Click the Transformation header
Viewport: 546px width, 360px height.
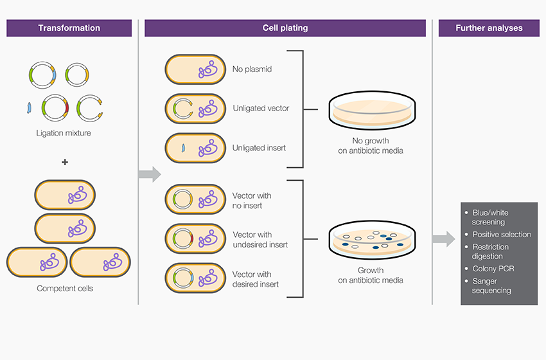point(69,28)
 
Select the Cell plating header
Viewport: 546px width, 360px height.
point(285,28)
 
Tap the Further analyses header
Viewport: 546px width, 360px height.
point(488,28)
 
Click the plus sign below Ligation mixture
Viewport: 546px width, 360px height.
point(65,162)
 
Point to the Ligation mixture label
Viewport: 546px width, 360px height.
point(65,133)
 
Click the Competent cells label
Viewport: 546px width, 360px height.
point(65,289)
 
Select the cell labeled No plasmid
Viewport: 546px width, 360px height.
point(195,69)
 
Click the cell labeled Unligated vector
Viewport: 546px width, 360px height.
point(195,109)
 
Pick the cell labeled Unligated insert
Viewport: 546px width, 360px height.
point(195,148)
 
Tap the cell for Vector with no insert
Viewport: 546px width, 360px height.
point(195,200)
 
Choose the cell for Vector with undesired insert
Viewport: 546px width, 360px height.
point(195,240)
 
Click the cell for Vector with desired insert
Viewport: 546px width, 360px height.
point(195,279)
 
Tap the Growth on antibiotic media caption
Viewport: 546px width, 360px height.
point(371,275)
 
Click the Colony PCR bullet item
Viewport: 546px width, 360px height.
point(493,269)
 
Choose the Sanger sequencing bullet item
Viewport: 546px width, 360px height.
point(491,285)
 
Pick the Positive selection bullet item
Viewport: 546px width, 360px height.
point(501,235)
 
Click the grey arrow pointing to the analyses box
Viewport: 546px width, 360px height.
point(443,240)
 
